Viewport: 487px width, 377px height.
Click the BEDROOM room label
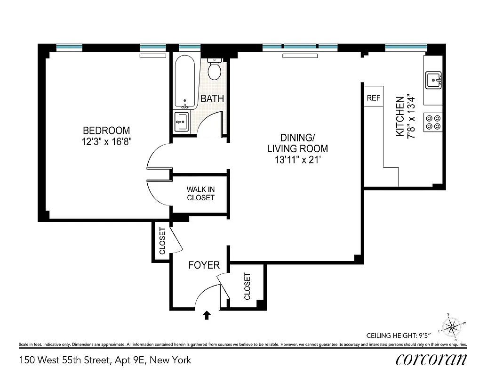(106, 131)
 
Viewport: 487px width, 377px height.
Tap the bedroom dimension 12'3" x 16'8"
(106, 142)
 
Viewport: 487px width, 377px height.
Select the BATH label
(212, 99)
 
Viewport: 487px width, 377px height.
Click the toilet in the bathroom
(215, 69)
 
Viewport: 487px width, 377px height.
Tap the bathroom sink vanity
(182, 122)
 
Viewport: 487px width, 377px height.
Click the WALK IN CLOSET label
(200, 193)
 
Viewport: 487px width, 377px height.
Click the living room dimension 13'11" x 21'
(297, 160)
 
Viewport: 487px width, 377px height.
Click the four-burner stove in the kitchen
(433, 122)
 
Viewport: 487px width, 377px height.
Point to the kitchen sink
(433, 80)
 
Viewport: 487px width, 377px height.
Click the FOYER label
(204, 265)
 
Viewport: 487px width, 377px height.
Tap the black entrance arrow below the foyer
(206, 315)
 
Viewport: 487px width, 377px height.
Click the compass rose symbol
(452, 326)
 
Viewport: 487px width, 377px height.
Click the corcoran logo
(431, 359)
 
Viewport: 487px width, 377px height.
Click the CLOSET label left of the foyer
(162, 241)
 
